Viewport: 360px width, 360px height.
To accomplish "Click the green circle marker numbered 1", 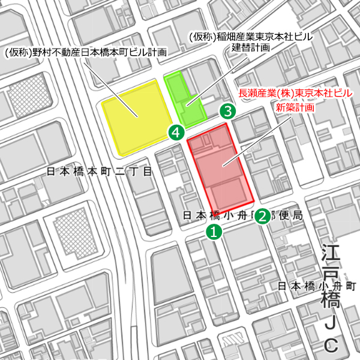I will tap(214, 232).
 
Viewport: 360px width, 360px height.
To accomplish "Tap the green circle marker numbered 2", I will tap(262, 217).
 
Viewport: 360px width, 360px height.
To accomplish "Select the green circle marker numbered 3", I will tap(227, 110).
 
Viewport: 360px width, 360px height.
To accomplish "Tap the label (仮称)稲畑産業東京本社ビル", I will tap(251, 36).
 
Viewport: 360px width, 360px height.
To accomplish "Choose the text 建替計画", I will tap(251, 48).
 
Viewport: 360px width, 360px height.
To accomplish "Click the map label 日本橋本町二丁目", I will tap(100, 172).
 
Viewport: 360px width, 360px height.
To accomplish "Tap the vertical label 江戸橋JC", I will tap(331, 297).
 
